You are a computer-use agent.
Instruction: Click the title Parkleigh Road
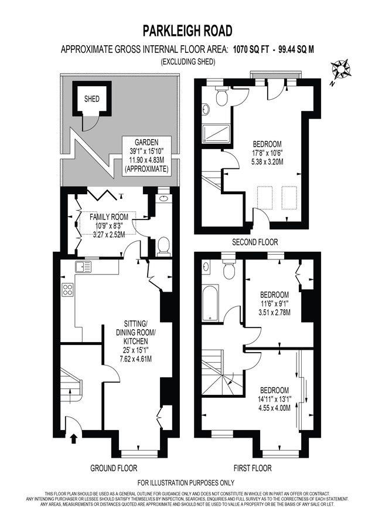pos(187,31)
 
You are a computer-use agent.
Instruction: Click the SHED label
pos(91,99)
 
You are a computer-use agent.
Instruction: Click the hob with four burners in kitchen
pos(67,290)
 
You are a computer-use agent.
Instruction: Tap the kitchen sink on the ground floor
pos(83,267)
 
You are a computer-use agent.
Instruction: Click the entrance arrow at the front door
pos(74,437)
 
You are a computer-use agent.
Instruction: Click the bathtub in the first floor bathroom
pos(210,302)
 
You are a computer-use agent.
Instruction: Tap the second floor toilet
pos(222,97)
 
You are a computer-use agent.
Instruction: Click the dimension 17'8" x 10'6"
pos(268,153)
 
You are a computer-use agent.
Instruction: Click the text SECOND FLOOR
pos(255,242)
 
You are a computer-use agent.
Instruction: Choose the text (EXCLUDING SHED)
pos(187,62)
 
